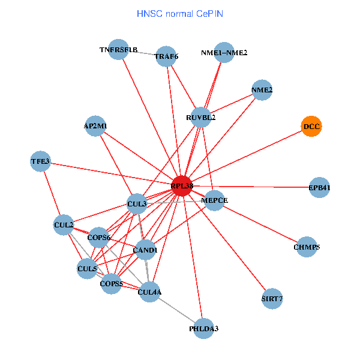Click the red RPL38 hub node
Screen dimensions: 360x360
[182, 187]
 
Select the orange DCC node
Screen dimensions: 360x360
[311, 127]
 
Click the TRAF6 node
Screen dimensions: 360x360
[166, 57]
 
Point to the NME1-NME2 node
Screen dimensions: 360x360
[224, 53]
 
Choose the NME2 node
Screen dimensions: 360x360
[262, 90]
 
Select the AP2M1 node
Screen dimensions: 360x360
[95, 126]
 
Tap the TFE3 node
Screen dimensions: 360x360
[40, 161]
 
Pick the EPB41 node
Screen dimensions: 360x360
[319, 188]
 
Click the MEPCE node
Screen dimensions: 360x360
[214, 200]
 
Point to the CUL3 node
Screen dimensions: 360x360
[137, 204]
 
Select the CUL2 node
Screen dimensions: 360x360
[64, 225]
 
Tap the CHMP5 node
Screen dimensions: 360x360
[307, 247]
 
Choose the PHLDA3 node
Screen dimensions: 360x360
[203, 328]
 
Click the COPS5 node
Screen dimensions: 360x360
[111, 283]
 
